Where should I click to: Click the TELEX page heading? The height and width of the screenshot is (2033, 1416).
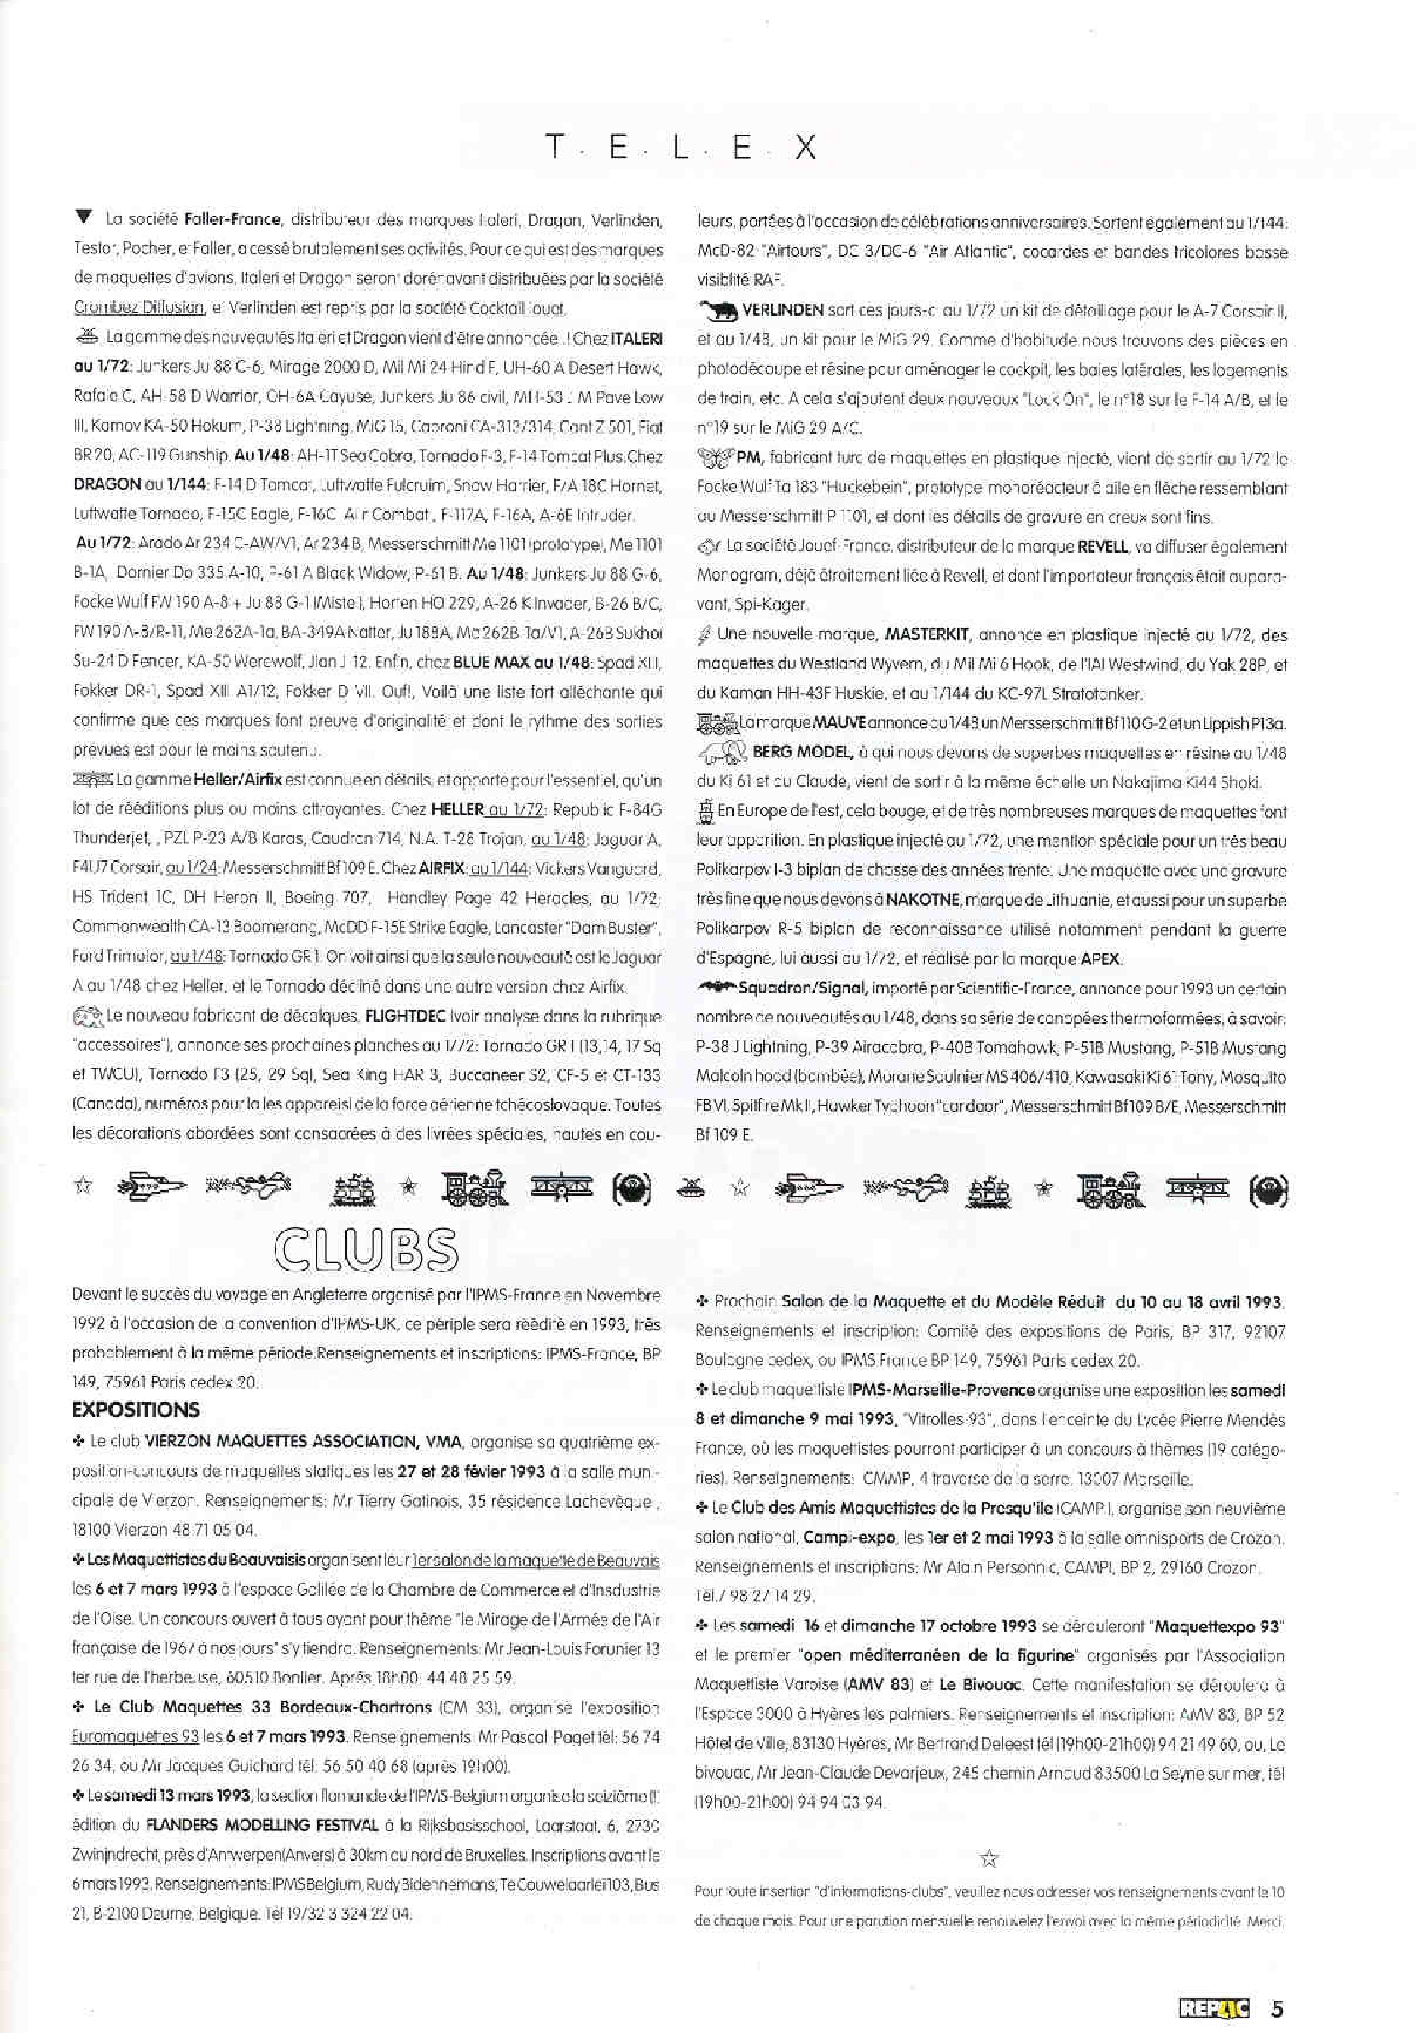(680, 147)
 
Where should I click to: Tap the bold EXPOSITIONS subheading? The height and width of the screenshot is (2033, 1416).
(136, 1410)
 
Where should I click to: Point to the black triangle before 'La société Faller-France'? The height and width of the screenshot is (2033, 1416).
(84, 217)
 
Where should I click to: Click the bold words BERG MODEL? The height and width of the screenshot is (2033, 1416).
(803, 753)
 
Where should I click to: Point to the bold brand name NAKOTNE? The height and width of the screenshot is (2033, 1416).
(926, 901)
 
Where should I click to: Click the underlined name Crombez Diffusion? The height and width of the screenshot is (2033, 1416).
(139, 308)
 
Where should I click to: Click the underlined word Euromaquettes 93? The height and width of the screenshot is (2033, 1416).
(135, 1737)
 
